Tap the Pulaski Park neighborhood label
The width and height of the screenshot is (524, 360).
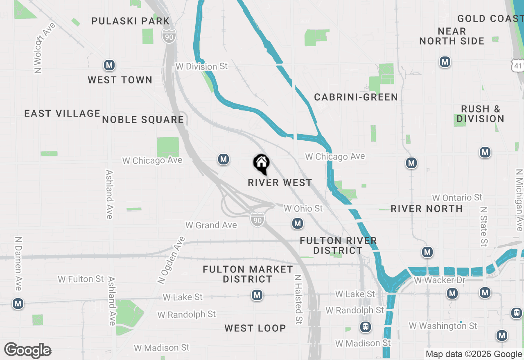pyautogui.click(x=130, y=21)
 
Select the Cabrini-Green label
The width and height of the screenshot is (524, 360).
pyautogui.click(x=356, y=97)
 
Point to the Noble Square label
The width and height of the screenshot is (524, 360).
pyautogui.click(x=143, y=119)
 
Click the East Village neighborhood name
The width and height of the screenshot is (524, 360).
pyautogui.click(x=62, y=113)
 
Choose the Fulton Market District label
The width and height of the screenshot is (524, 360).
pyautogui.click(x=248, y=274)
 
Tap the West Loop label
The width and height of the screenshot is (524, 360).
pyautogui.click(x=255, y=328)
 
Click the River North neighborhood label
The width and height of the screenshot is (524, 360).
pyautogui.click(x=427, y=209)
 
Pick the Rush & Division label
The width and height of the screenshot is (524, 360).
pyautogui.click(x=481, y=114)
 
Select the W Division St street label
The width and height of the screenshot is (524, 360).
pyautogui.click(x=201, y=66)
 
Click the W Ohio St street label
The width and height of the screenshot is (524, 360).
pyautogui.click(x=303, y=209)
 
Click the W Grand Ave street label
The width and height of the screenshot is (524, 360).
pyautogui.click(x=211, y=225)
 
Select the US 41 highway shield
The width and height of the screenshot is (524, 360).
pyautogui.click(x=518, y=65)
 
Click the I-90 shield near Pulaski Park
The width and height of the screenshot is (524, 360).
pyautogui.click(x=169, y=36)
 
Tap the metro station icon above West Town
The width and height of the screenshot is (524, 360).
pyautogui.click(x=108, y=65)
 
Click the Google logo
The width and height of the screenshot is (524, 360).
pyautogui.click(x=28, y=350)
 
